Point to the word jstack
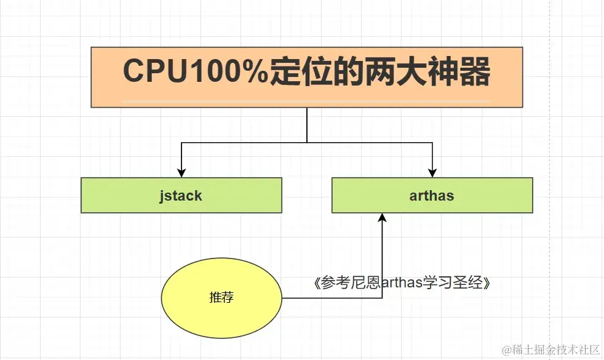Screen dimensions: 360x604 [x=181, y=196]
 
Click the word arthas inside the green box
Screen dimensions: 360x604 [x=432, y=196]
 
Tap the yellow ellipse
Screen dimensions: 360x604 [x=221, y=298]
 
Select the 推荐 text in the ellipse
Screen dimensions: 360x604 [x=221, y=298]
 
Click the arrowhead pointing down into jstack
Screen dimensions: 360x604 [x=181, y=172]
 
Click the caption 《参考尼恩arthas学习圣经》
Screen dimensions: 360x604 [x=402, y=283]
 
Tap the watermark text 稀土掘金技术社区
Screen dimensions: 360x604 [x=557, y=350]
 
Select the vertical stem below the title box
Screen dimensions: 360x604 [x=306, y=125]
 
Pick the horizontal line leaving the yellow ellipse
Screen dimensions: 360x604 [x=332, y=298]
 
